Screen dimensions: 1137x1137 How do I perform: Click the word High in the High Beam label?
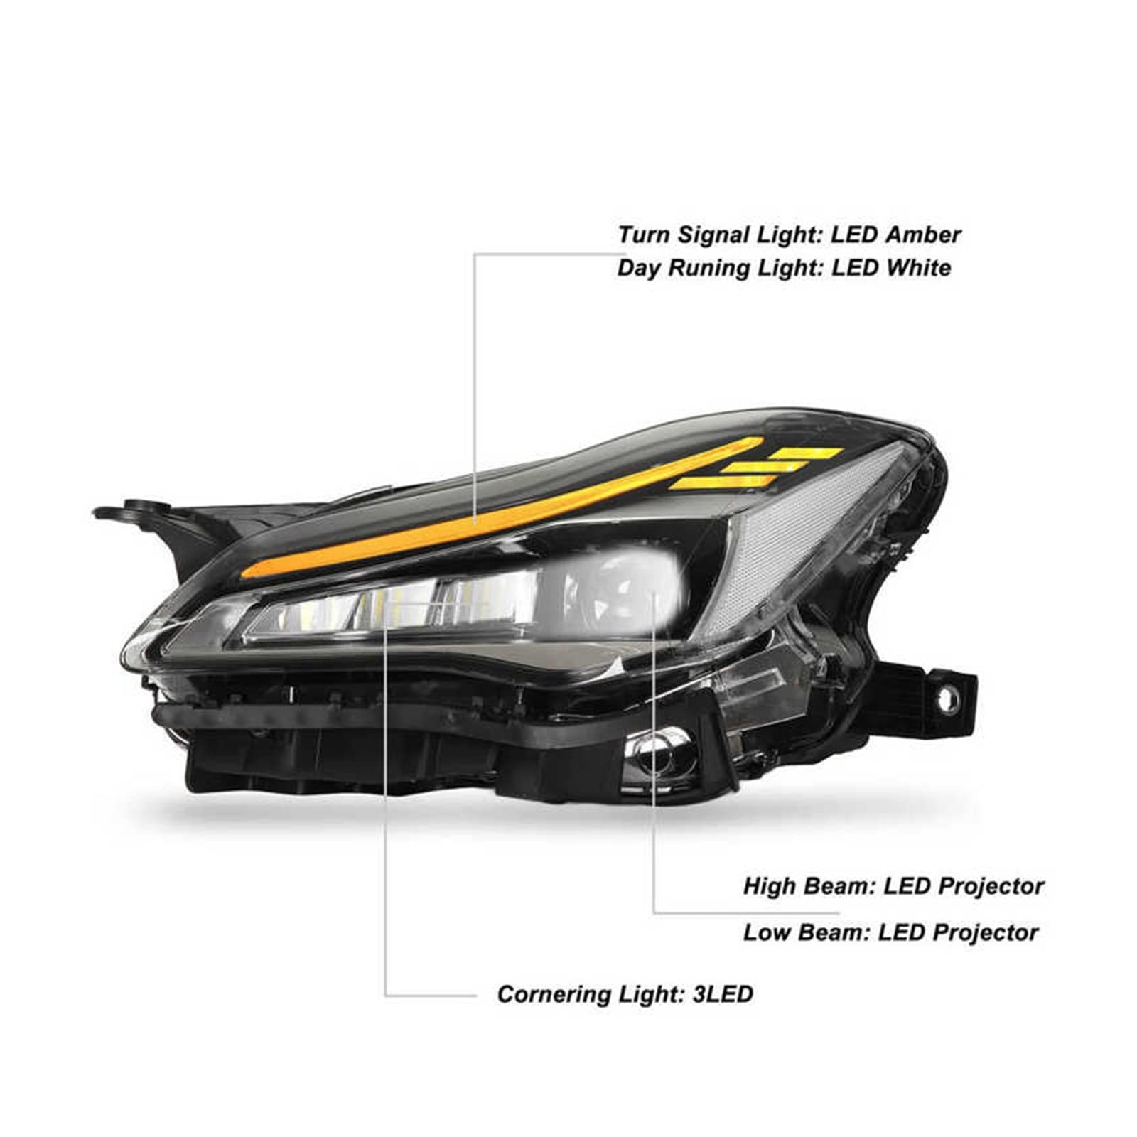[771, 887]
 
